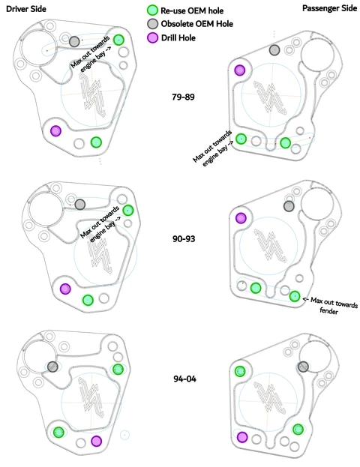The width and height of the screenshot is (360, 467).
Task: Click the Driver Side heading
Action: tap(26, 9)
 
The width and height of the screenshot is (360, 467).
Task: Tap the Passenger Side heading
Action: tap(329, 8)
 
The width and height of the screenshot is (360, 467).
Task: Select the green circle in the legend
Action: tap(152, 10)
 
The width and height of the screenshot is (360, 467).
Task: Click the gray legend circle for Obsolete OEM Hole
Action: tap(152, 23)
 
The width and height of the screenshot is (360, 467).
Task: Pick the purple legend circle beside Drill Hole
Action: tap(152, 37)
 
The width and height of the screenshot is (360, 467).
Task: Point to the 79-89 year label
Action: tap(183, 97)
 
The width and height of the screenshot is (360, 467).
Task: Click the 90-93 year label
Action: tap(184, 238)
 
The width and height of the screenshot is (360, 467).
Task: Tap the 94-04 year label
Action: tap(184, 379)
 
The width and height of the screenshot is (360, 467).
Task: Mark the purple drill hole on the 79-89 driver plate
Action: tap(55, 130)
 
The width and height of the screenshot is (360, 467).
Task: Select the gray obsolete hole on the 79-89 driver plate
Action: tap(74, 41)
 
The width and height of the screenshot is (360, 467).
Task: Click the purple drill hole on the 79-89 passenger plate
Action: tap(239, 70)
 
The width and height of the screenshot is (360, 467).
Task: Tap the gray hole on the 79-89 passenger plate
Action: tap(274, 50)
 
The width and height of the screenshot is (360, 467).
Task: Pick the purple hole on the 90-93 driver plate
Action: tap(65, 289)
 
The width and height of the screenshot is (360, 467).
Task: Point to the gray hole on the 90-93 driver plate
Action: tap(79, 205)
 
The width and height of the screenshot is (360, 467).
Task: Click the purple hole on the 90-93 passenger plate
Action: tap(241, 218)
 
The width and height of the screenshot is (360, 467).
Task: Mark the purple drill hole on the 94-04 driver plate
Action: tap(96, 441)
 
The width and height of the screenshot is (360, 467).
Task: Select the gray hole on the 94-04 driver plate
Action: tap(52, 367)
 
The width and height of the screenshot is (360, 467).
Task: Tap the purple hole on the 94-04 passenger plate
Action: tap(242, 437)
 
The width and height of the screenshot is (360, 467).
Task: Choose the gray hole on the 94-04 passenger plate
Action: tap(303, 367)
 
